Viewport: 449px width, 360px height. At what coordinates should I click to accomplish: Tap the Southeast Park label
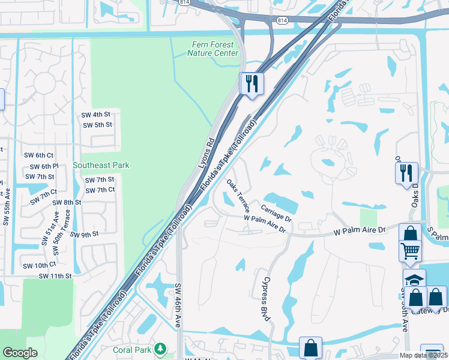[101, 165]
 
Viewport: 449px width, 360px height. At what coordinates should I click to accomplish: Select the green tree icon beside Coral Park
[160, 349]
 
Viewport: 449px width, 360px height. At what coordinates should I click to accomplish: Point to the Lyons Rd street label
[206, 153]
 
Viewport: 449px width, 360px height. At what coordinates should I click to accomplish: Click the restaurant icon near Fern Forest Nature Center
[252, 83]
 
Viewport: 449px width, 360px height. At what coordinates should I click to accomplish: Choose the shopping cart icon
[411, 250]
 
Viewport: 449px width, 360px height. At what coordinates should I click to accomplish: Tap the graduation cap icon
[414, 280]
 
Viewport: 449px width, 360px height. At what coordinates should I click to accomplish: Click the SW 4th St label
[96, 114]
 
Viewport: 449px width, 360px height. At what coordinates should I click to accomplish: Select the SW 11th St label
[55, 276]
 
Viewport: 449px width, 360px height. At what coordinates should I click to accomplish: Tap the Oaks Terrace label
[238, 194]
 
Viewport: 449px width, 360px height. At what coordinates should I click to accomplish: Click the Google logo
[20, 352]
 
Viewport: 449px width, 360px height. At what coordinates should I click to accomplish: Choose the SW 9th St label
[84, 234]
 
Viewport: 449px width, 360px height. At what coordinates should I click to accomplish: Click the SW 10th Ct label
[39, 265]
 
